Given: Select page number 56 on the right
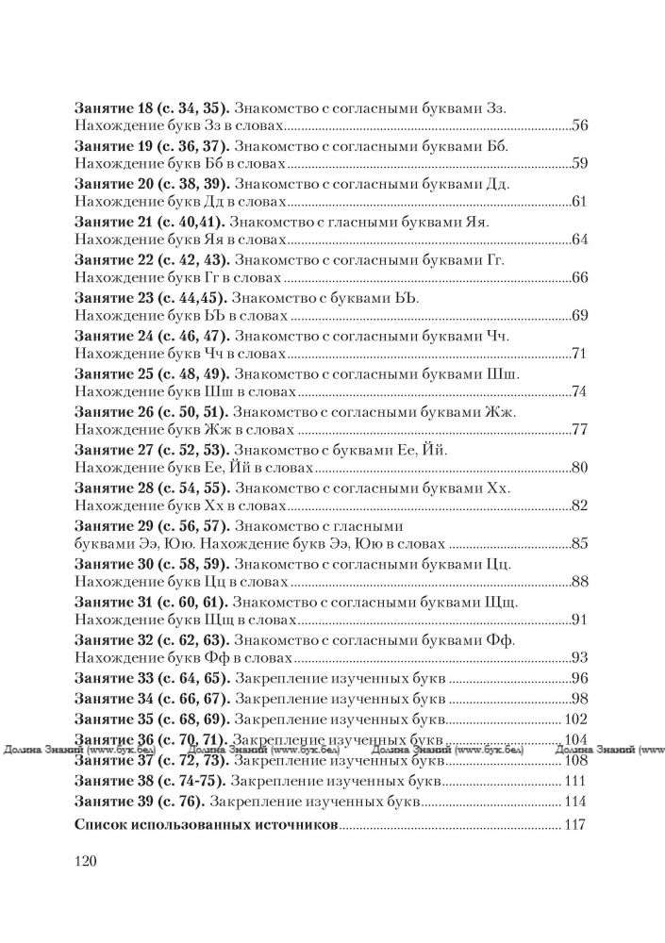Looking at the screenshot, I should pos(580,126).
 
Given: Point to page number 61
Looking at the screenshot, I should pos(580,202).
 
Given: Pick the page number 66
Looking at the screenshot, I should pos(580,277).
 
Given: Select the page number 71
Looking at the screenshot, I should pos(580,353).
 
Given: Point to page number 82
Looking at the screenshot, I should pos(580,505).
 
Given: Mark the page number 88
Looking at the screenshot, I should pos(580,580).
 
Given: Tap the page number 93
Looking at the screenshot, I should pos(580,656).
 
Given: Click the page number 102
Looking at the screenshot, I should pos(574,719).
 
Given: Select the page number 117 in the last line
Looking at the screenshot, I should pos(574,825).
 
